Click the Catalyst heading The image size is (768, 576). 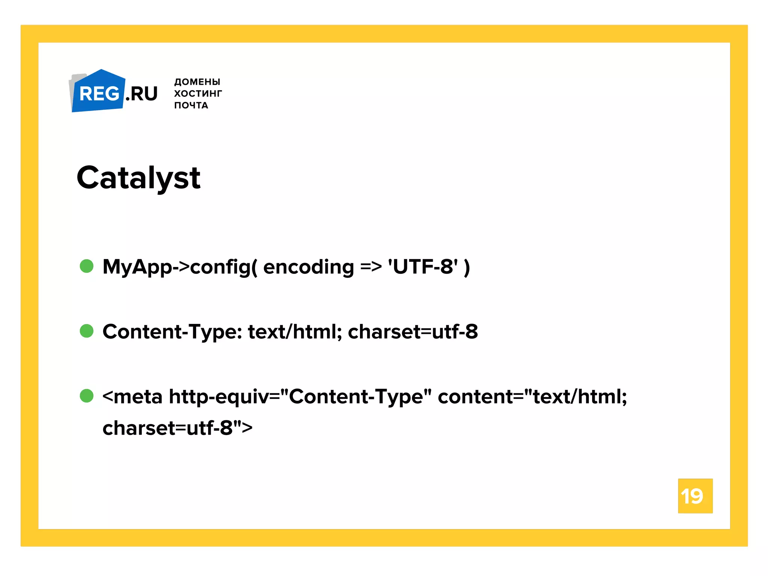(138, 178)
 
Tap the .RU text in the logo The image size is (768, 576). (142, 94)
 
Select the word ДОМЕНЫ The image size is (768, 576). (197, 82)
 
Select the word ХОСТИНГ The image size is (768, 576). (198, 93)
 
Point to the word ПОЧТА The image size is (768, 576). (191, 105)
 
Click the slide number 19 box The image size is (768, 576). (695, 496)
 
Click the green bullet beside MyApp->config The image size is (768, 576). (87, 266)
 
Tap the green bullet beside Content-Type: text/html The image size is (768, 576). (87, 331)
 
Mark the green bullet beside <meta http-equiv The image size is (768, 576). (87, 396)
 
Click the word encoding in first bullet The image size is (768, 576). (308, 267)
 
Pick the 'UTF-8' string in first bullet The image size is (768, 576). (423, 267)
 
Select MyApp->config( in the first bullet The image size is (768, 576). (180, 267)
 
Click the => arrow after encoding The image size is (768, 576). (371, 267)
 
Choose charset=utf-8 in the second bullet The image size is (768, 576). (412, 332)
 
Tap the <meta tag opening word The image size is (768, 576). (132, 397)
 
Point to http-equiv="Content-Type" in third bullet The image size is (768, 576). (300, 397)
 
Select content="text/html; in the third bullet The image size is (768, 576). (532, 397)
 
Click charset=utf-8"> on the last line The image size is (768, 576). (177, 428)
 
